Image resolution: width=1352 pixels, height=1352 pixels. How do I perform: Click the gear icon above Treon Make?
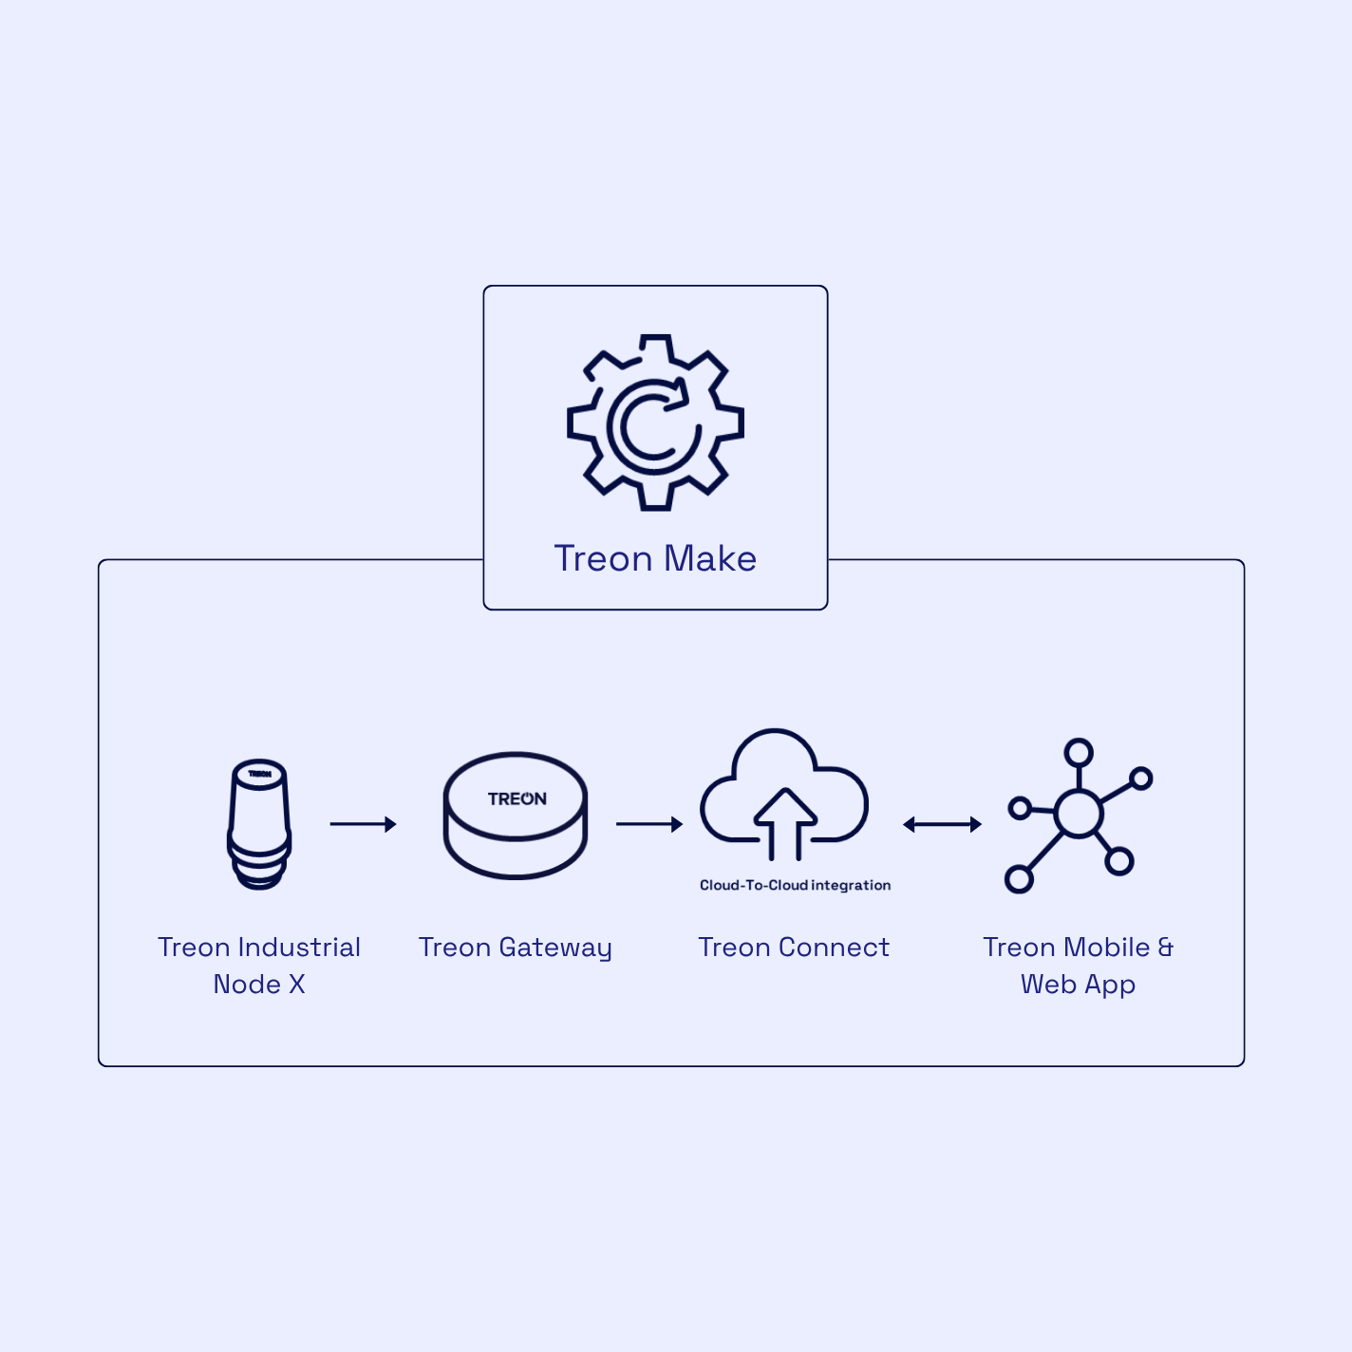655,422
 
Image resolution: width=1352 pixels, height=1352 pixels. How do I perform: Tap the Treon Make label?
655,558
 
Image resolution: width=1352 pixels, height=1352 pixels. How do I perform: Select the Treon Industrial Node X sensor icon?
259,823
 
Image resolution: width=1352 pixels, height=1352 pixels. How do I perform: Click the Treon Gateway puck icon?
516,817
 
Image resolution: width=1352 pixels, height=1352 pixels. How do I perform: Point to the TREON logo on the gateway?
516,798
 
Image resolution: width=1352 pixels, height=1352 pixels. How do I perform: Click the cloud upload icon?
784,793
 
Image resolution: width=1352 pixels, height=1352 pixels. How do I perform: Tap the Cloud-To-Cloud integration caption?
795,885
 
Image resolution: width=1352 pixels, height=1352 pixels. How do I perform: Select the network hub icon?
1078,816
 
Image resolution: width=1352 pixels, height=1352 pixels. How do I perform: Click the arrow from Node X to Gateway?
363,824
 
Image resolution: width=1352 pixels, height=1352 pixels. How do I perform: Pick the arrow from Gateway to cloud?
649,824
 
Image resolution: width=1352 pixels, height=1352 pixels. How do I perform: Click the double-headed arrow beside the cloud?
942,824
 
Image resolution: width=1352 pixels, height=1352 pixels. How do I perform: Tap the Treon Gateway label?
516,948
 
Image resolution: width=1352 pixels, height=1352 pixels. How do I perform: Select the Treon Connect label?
794,948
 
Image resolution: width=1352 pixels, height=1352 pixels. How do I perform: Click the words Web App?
1078,985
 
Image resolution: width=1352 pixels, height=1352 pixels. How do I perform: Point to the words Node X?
259,985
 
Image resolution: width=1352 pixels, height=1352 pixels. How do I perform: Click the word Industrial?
299,948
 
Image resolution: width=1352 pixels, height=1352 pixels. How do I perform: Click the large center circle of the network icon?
1079,814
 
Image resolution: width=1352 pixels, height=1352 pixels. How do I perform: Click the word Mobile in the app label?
1106,948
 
